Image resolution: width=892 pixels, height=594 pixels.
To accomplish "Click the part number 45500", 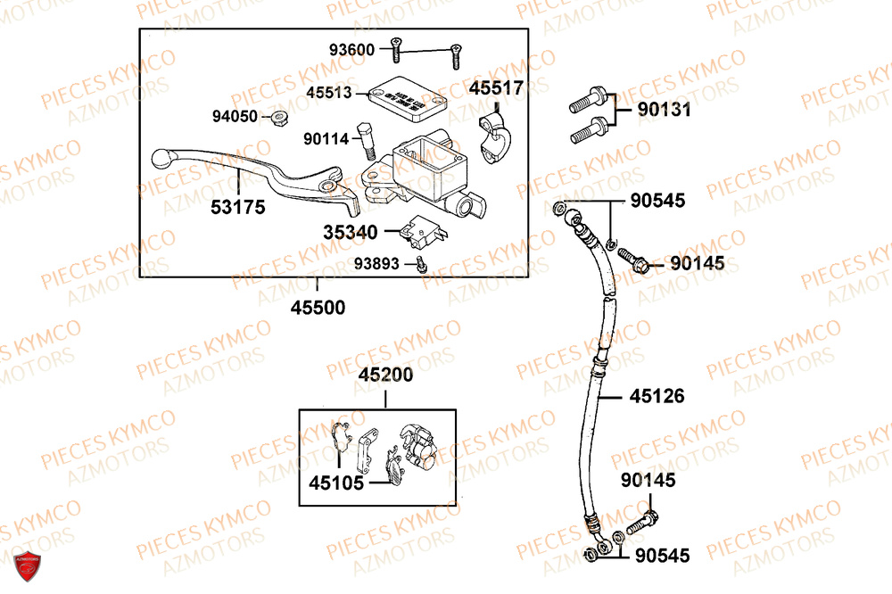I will point(317,308).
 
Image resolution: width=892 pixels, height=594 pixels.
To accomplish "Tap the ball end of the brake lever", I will point(161,158).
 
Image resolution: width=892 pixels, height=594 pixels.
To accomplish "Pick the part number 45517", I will point(497,89).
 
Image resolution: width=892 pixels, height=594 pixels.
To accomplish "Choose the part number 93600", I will point(351,49).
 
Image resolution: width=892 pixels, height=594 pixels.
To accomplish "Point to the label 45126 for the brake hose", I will point(657,395).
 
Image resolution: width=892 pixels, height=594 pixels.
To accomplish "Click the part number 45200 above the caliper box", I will point(385,375).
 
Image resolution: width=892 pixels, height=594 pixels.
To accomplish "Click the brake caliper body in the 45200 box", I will point(417,446).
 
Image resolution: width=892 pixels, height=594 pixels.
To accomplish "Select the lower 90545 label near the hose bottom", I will point(664,555).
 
